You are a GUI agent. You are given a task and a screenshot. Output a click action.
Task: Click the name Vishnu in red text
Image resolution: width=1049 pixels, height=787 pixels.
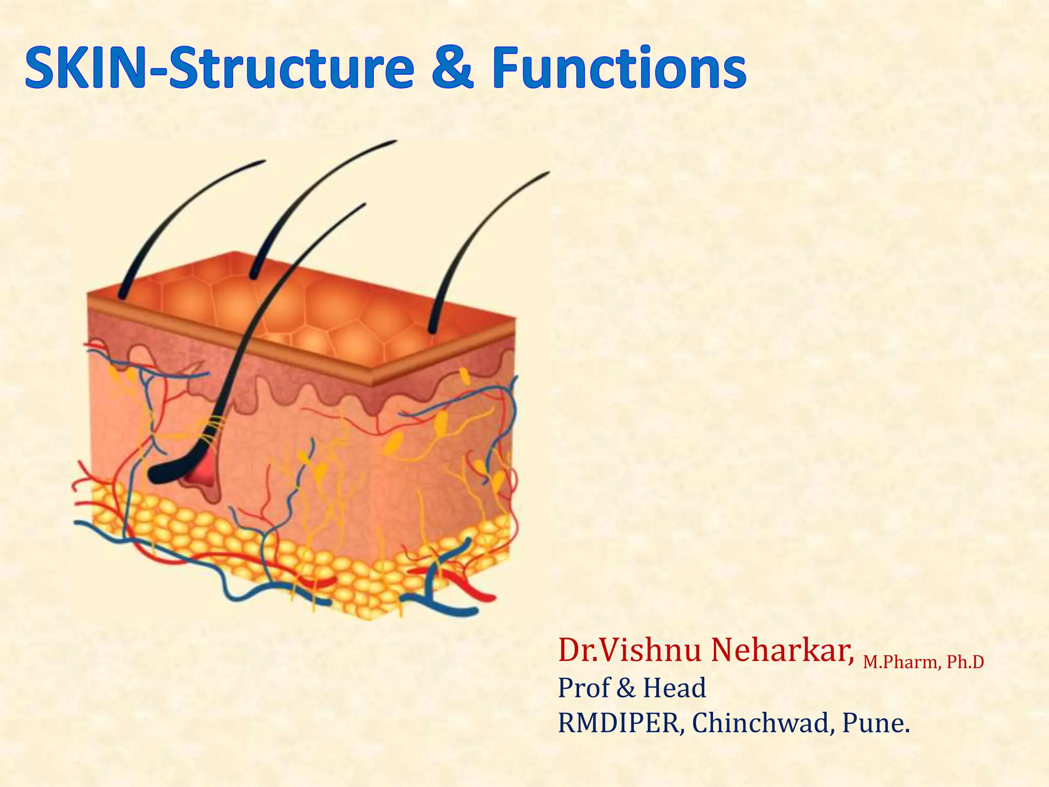click(x=651, y=651)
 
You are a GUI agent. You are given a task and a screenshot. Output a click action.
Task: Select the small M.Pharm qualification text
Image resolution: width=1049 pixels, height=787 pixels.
click(x=900, y=662)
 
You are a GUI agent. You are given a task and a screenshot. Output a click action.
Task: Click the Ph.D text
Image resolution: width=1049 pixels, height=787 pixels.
click(x=965, y=662)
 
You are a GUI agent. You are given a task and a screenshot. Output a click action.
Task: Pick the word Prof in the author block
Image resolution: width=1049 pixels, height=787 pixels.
click(x=584, y=688)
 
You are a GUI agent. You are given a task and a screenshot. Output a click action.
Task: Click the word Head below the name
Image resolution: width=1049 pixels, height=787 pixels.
click(x=675, y=688)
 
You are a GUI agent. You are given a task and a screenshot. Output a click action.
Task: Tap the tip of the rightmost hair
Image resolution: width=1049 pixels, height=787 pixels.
click(x=547, y=173)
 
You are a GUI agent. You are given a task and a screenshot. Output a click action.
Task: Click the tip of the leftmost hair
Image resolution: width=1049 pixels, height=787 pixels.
click(x=263, y=161)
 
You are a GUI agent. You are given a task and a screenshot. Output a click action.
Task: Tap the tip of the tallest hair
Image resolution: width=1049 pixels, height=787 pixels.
click(x=394, y=141)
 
